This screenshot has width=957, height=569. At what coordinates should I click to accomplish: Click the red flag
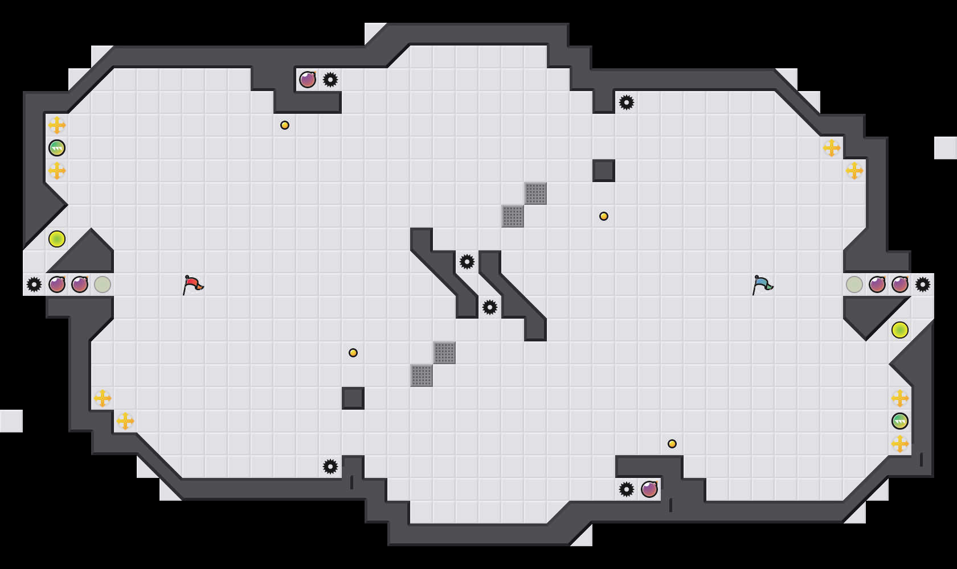click(x=193, y=284)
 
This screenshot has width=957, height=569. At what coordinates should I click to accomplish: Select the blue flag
click(x=762, y=284)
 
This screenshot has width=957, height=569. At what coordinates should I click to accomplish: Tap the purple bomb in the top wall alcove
click(x=308, y=80)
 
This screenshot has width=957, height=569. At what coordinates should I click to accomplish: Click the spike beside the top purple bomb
click(x=330, y=80)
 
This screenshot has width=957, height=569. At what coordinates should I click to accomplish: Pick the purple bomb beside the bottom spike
click(x=649, y=489)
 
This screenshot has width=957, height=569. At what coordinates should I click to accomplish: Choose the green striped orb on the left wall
click(x=57, y=148)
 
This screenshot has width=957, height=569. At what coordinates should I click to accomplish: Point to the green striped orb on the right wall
click(x=900, y=421)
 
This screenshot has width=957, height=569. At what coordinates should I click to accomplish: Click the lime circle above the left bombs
click(x=57, y=239)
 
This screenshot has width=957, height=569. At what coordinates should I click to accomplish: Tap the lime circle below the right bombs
click(x=900, y=330)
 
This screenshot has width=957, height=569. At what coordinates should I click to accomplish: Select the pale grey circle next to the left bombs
click(x=103, y=284)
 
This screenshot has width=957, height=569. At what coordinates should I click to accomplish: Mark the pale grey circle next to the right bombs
click(x=854, y=284)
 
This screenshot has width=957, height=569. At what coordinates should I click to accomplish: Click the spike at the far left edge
click(x=34, y=284)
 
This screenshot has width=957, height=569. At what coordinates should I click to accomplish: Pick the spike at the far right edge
click(x=923, y=284)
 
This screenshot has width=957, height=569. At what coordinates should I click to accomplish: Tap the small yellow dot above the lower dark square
click(x=353, y=353)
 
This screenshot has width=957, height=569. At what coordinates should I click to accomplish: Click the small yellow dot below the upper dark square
click(x=604, y=216)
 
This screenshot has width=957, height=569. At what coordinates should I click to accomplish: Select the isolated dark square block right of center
click(x=604, y=171)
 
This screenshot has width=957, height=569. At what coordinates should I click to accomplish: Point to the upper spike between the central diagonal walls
click(x=467, y=262)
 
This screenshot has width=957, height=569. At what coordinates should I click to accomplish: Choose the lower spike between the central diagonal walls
click(x=490, y=307)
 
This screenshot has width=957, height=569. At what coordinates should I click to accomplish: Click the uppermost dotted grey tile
click(x=535, y=193)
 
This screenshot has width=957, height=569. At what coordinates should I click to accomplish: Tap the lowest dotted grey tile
click(x=422, y=376)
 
